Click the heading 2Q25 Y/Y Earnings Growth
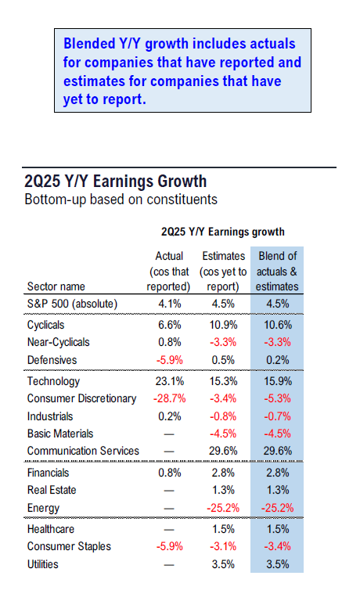pyautogui.click(x=116, y=182)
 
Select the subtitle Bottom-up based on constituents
pyautogui.click(x=121, y=200)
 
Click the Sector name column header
pyautogui.click(x=56, y=286)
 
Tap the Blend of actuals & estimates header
pyautogui.click(x=277, y=271)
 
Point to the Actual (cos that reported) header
pyautogui.click(x=169, y=271)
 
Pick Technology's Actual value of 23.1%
pyautogui.click(x=170, y=381)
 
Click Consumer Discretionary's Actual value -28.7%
pyautogui.click(x=169, y=398)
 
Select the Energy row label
pyautogui.click(x=43, y=509)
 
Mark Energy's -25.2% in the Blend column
pyautogui.click(x=277, y=508)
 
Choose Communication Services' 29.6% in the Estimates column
pyautogui.click(x=224, y=451)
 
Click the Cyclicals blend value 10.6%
pyautogui.click(x=278, y=325)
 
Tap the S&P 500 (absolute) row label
pyautogui.click(x=72, y=304)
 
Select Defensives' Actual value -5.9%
pyautogui.click(x=170, y=360)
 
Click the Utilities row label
pyautogui.click(x=43, y=564)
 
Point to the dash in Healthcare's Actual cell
pyautogui.click(x=169, y=530)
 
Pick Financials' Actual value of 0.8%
pyautogui.click(x=170, y=473)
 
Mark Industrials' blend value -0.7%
pyautogui.click(x=277, y=416)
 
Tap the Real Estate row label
pyautogui.click(x=52, y=490)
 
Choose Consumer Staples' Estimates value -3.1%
pyautogui.click(x=223, y=546)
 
